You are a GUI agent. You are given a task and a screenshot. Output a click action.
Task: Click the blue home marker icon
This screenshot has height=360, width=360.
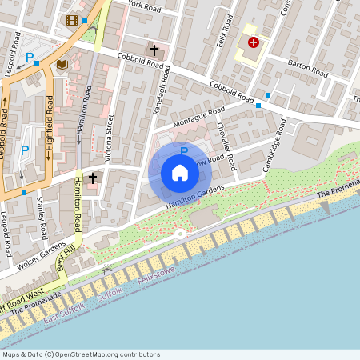pos(180,172)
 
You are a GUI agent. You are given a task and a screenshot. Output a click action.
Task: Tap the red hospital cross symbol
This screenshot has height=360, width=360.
pos(254,42)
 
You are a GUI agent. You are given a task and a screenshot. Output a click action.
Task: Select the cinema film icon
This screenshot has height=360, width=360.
pos(73,20)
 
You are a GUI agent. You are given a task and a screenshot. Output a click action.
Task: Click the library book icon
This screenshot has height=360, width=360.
pos(62,63)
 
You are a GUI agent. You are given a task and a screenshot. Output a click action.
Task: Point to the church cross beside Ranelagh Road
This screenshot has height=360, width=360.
pos(154,50)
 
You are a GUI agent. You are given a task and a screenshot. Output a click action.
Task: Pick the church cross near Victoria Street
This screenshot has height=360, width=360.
pos(93,177)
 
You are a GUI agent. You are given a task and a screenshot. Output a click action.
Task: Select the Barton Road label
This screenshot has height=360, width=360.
pos(308,72)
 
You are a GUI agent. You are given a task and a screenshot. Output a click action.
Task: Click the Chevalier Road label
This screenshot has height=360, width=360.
pos(227,150)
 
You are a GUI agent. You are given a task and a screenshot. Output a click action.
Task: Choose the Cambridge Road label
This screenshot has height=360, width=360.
pos(274,144)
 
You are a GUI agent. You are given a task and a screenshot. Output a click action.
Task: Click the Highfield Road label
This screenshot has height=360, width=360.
pos(50,126)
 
